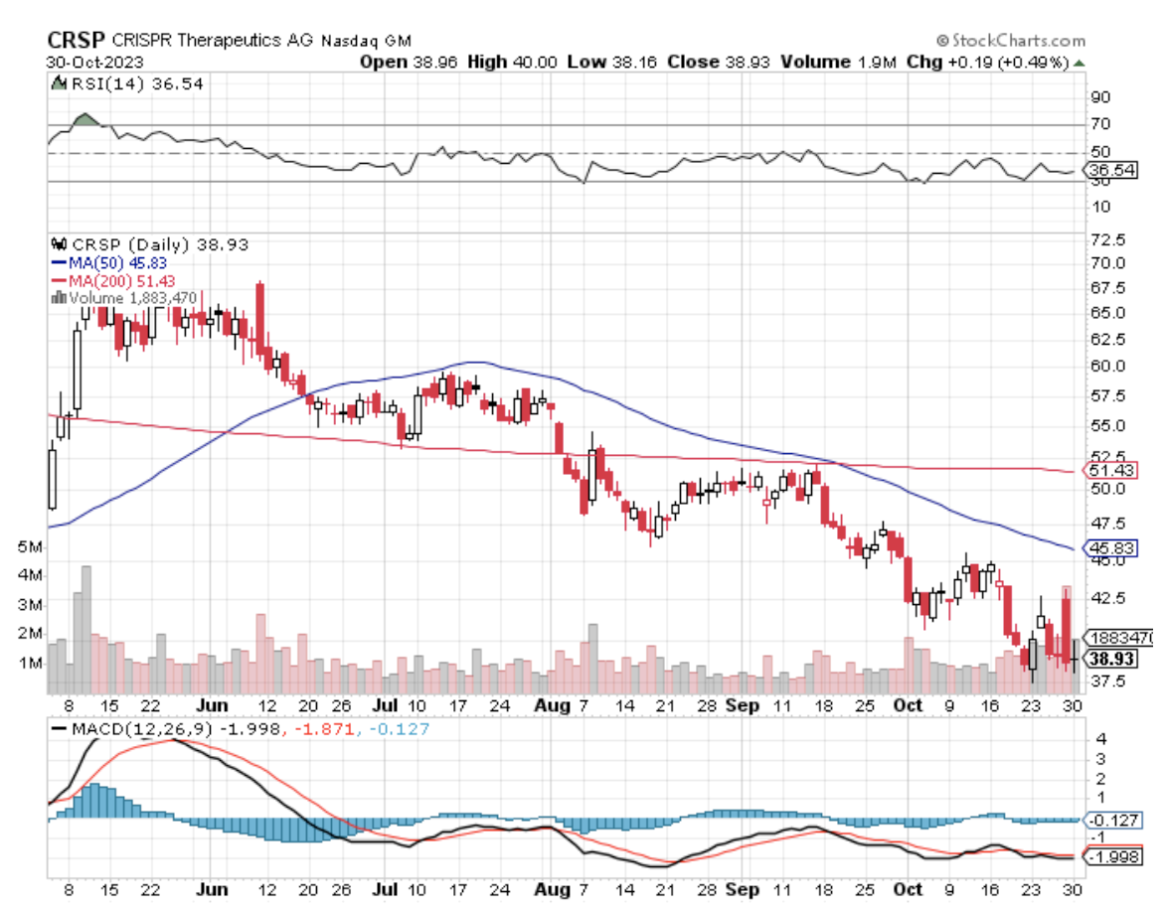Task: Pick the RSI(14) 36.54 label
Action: point(134,84)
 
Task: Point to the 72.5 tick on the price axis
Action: point(1105,240)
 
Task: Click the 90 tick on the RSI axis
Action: point(1100,97)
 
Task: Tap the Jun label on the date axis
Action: point(214,706)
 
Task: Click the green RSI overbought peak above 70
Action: point(85,120)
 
